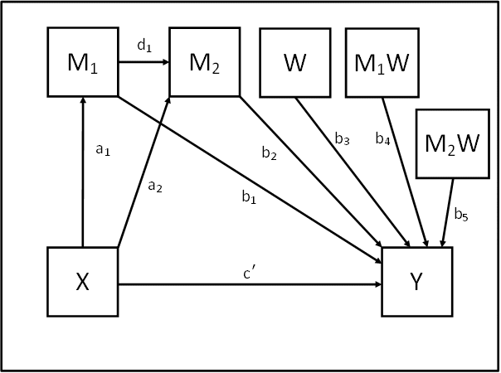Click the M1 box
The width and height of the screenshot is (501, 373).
point(82,62)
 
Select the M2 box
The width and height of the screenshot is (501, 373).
point(204,62)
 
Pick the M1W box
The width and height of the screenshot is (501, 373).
point(382,62)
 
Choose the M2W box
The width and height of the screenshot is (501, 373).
point(452,143)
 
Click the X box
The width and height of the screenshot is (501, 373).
point(82,282)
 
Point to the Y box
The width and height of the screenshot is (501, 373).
point(417,282)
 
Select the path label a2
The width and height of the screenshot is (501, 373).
point(154,186)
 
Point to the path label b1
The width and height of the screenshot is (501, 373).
point(248,196)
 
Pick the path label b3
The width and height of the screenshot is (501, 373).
point(342,140)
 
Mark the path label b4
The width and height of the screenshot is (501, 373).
point(382,138)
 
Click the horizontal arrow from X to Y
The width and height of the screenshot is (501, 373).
point(249,284)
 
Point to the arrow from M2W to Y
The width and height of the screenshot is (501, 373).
point(448,211)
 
